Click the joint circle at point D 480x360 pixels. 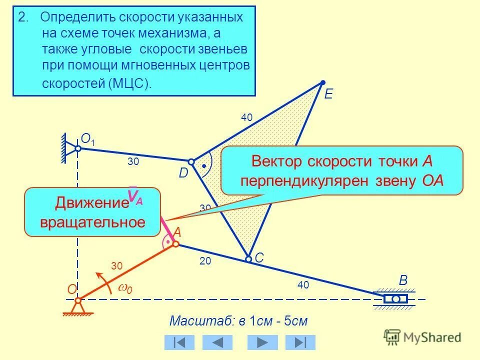click(191, 162)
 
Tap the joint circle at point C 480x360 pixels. click(248, 259)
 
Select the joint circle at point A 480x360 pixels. click(175, 244)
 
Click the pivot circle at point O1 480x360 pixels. click(78, 148)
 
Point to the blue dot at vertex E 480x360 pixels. click(323, 82)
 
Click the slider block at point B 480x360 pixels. click(396, 299)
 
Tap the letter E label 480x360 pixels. click(328, 94)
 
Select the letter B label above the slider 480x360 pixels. click(403, 280)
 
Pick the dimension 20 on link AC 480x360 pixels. click(205, 261)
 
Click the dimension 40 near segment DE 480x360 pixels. click(246, 117)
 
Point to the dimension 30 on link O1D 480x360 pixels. click(133, 161)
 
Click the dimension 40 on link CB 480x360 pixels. click(303, 285)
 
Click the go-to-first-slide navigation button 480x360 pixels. click(179, 342)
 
